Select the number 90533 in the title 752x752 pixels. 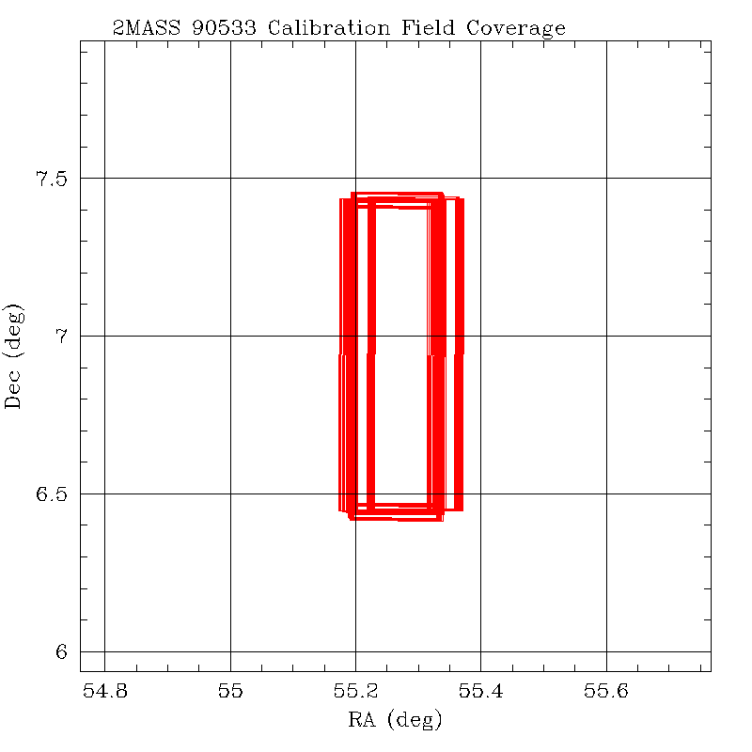click(x=223, y=28)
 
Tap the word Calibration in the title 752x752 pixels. click(x=334, y=28)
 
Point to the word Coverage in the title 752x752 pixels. click(x=522, y=29)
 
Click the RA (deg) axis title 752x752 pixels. click(x=395, y=721)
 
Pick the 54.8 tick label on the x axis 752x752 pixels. click(x=104, y=693)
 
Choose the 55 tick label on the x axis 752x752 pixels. click(x=230, y=693)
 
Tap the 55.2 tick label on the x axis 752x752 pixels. click(x=355, y=693)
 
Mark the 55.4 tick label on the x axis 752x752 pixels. click(x=480, y=693)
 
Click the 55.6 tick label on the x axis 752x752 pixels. click(x=606, y=693)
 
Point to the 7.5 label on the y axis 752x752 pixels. click(x=53, y=179)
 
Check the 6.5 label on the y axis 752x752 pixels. click(x=53, y=494)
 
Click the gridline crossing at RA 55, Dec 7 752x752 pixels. click(x=230, y=336)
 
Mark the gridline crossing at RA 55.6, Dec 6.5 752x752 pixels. click(x=606, y=493)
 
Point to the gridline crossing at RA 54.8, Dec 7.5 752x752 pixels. click(x=104, y=178)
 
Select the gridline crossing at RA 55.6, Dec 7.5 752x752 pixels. click(x=606, y=178)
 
